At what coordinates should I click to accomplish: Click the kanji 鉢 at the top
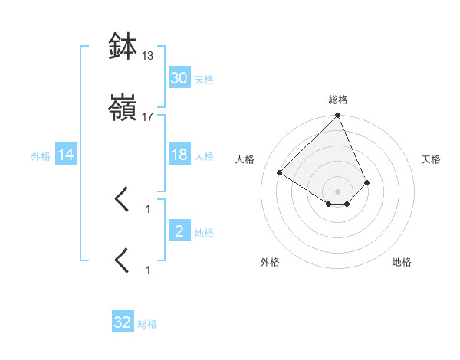pyautogui.click(x=122, y=47)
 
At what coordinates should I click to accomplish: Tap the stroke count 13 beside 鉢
pyautogui.click(x=148, y=56)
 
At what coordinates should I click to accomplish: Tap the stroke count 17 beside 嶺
pyautogui.click(x=148, y=117)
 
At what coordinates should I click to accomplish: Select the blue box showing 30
pyautogui.click(x=179, y=78)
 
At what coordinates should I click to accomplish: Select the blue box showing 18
pyautogui.click(x=179, y=155)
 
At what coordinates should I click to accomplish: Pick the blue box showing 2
pyautogui.click(x=179, y=232)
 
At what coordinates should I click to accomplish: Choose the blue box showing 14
pyautogui.click(x=66, y=155)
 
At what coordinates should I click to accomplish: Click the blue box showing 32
pyautogui.click(x=123, y=322)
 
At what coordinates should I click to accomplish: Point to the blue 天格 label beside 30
pyautogui.click(x=204, y=79)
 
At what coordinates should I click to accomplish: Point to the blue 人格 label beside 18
pyautogui.click(x=204, y=156)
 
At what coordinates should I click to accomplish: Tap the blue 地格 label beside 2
pyautogui.click(x=204, y=233)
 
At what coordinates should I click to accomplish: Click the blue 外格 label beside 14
pyautogui.click(x=41, y=156)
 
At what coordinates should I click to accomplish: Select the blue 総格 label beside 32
pyautogui.click(x=147, y=324)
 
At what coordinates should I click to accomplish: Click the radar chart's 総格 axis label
pyautogui.click(x=338, y=100)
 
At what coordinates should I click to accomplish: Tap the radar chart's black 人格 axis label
pyautogui.click(x=245, y=159)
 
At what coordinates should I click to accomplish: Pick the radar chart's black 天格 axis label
pyautogui.click(x=432, y=159)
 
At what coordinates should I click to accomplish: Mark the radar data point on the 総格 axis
pyautogui.click(x=338, y=116)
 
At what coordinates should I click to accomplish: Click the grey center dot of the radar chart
pyautogui.click(x=338, y=191)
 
